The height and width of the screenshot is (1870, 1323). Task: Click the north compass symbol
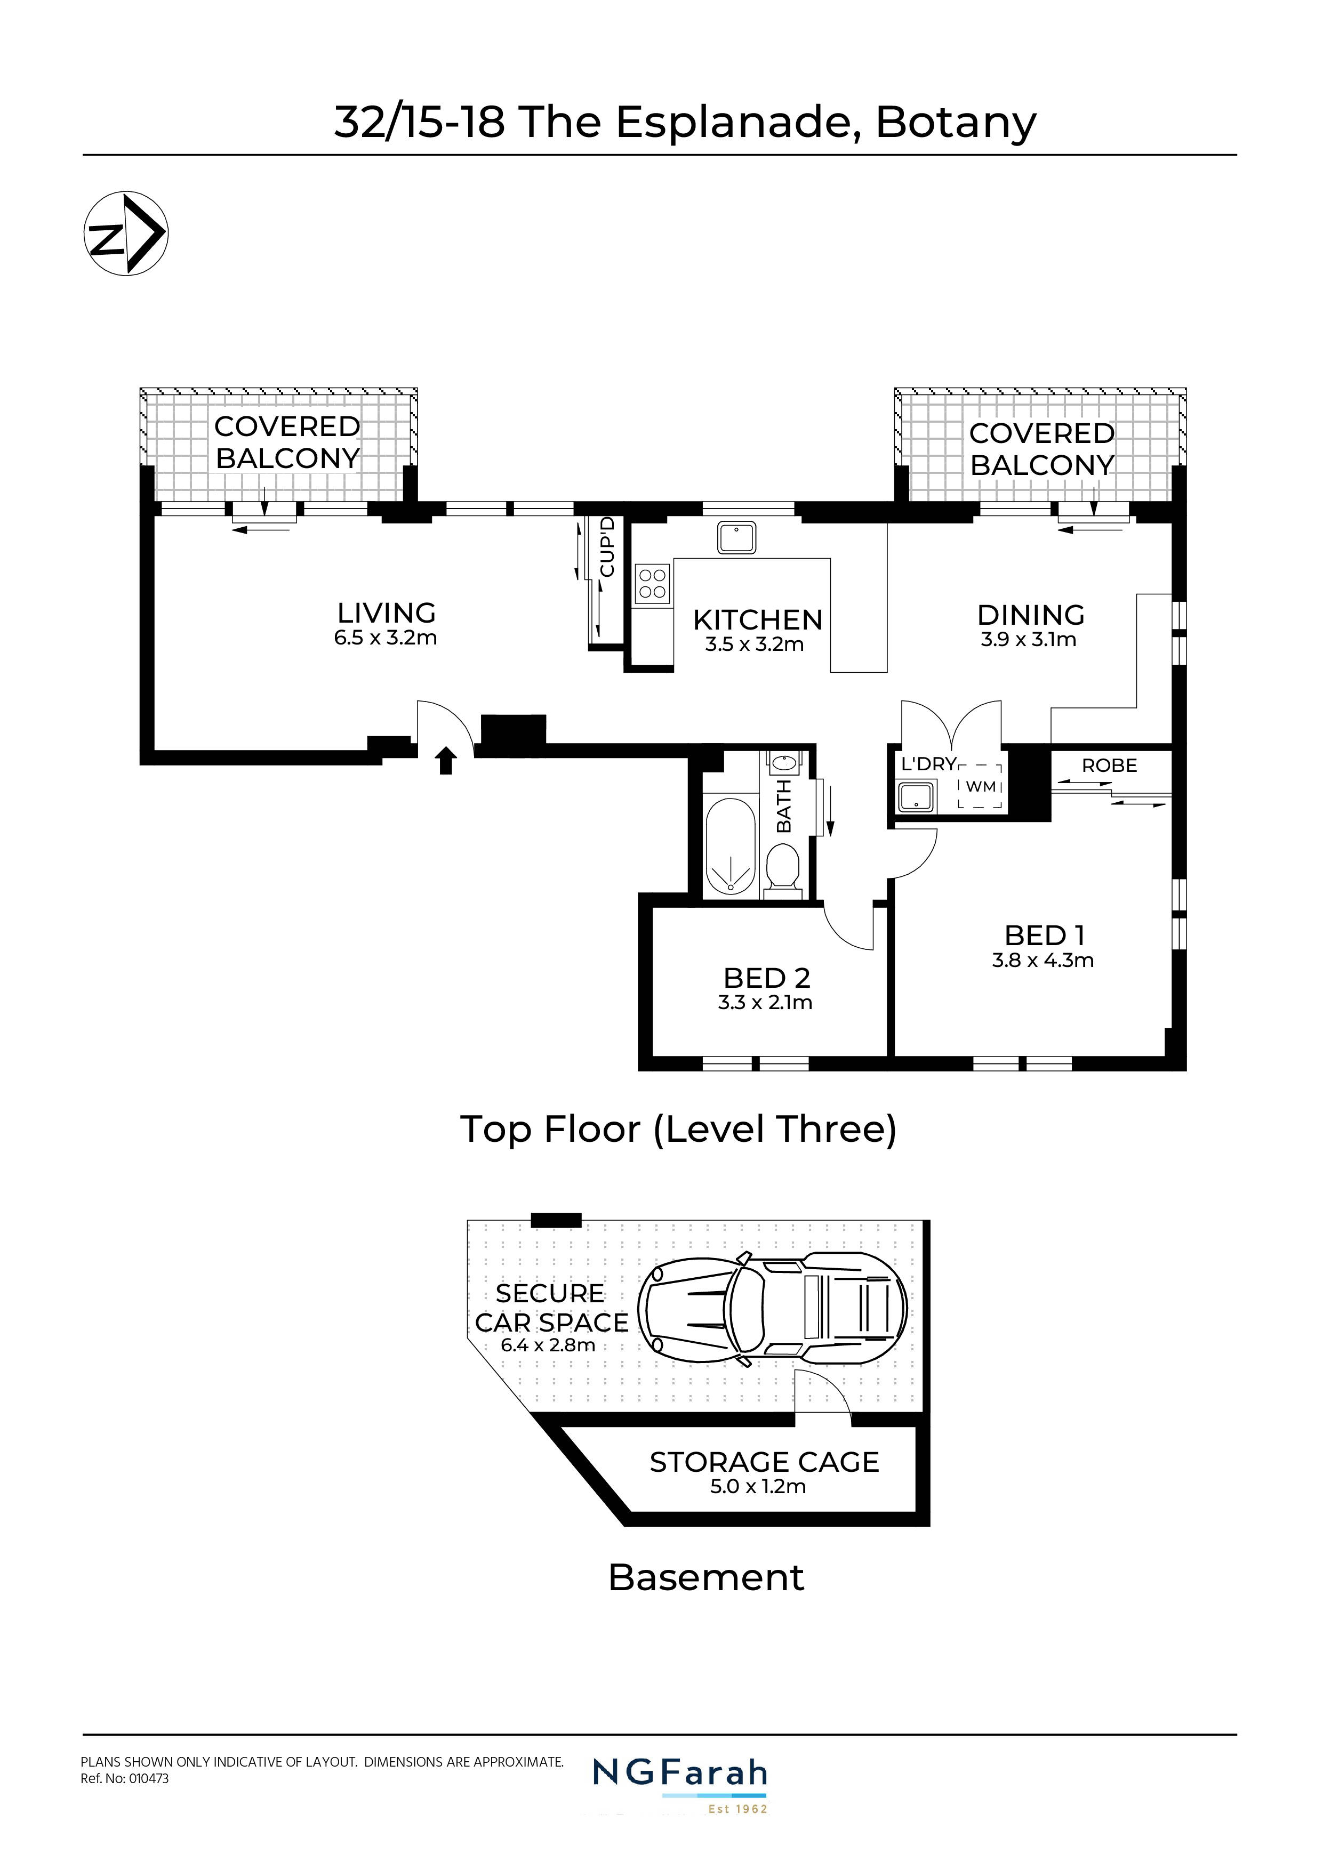(126, 233)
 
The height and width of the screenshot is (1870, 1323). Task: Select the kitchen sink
(737, 537)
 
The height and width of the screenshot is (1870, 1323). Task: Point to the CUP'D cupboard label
(608, 547)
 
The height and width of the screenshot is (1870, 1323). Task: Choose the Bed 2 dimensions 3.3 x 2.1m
(765, 1003)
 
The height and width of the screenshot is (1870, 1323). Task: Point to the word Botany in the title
(956, 123)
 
